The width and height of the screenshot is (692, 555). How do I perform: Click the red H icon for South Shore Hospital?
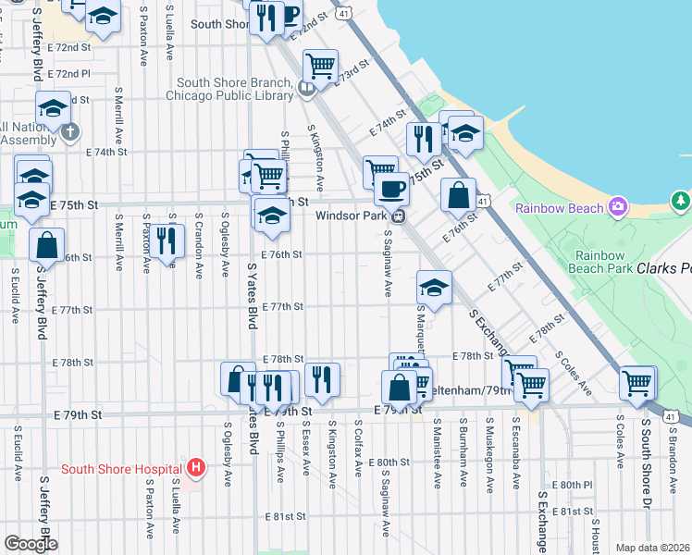(x=195, y=468)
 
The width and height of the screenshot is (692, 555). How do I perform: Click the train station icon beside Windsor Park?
(x=398, y=216)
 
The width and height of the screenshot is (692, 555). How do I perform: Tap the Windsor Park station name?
(x=351, y=216)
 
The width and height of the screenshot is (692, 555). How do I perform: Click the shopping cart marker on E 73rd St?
(x=320, y=65)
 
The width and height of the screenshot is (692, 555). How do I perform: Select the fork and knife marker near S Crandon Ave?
(x=166, y=240)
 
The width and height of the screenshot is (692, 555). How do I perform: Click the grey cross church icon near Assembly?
(x=69, y=132)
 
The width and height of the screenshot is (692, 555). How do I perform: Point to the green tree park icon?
(x=682, y=200)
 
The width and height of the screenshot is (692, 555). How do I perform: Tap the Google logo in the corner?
(x=30, y=543)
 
